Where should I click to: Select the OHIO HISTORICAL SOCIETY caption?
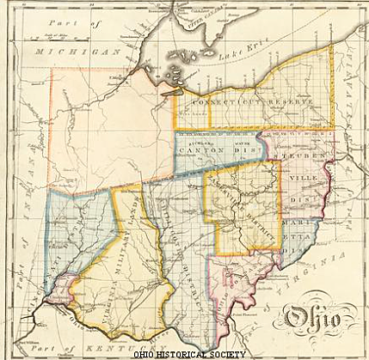tap(184, 354)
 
